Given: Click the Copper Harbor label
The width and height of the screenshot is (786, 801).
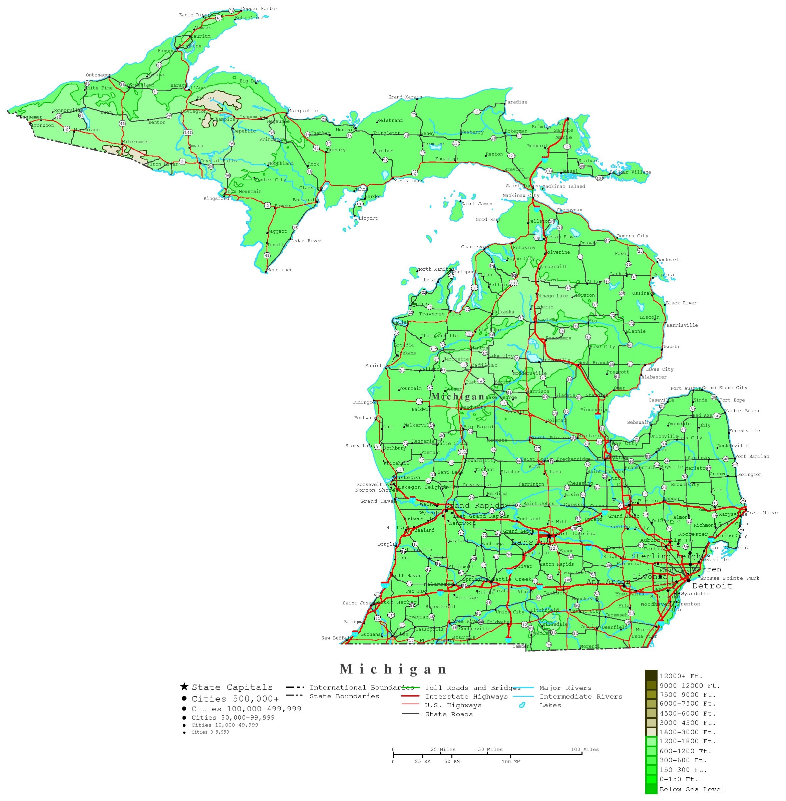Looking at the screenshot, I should pyautogui.click(x=259, y=9).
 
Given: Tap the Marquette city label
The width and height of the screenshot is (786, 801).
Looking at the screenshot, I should pyautogui.click(x=303, y=111).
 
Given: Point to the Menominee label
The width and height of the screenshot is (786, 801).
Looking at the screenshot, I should pyautogui.click(x=280, y=270).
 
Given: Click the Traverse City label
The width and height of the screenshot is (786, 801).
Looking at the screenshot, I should pyautogui.click(x=440, y=314).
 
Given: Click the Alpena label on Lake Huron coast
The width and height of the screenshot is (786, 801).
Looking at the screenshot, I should pyautogui.click(x=664, y=275).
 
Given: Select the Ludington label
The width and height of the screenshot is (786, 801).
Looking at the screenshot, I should pyautogui.click(x=365, y=403).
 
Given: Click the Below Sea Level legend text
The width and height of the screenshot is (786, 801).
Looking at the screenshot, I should pyautogui.click(x=692, y=789).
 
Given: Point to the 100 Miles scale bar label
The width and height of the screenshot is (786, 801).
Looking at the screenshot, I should pyautogui.click(x=584, y=749).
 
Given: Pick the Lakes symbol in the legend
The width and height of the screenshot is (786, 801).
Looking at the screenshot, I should pyautogui.click(x=522, y=706).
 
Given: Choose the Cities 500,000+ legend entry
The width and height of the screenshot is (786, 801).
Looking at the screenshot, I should pyautogui.click(x=235, y=699).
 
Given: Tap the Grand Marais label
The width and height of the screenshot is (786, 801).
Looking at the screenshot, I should pyautogui.click(x=405, y=97).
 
